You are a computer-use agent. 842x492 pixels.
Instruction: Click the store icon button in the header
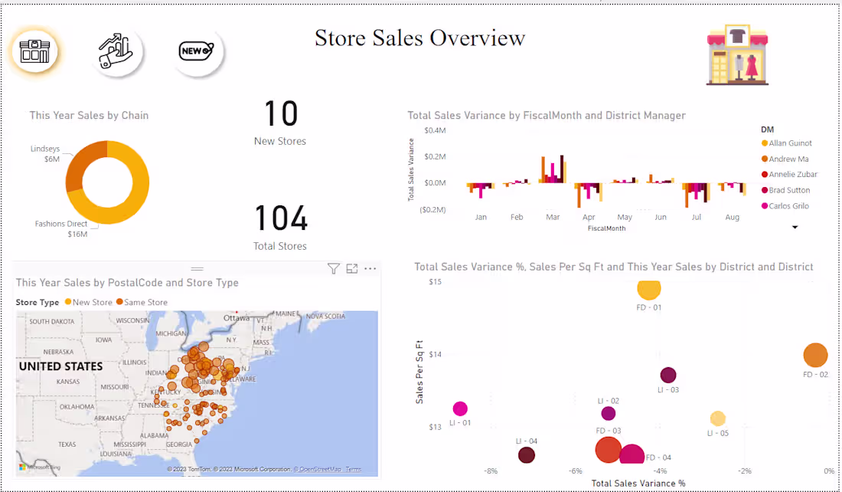click(x=34, y=52)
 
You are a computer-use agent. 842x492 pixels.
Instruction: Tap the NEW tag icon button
click(x=197, y=52)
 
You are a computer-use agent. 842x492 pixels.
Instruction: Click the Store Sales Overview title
click(x=420, y=38)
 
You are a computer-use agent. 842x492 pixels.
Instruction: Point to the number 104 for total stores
click(x=280, y=219)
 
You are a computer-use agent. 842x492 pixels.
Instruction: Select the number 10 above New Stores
click(x=280, y=114)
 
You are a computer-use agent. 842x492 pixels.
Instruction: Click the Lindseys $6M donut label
click(x=45, y=154)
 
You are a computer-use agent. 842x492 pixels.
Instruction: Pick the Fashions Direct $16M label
click(x=61, y=228)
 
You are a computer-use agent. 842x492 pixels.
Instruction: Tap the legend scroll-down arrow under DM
click(x=795, y=228)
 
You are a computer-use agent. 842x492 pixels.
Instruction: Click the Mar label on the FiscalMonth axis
click(x=553, y=218)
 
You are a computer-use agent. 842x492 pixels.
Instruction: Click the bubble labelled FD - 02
click(x=815, y=356)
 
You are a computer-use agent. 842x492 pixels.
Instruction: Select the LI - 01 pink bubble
click(x=460, y=409)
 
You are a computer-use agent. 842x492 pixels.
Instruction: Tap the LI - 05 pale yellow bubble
click(x=717, y=418)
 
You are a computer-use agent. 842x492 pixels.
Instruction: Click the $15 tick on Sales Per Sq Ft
click(x=436, y=282)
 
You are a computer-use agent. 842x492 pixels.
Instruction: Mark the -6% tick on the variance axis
click(x=576, y=471)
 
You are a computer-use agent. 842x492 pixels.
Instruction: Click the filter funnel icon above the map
click(x=333, y=268)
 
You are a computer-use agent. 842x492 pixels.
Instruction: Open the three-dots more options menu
click(x=370, y=268)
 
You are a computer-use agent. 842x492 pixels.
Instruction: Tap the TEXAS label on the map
click(x=67, y=444)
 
